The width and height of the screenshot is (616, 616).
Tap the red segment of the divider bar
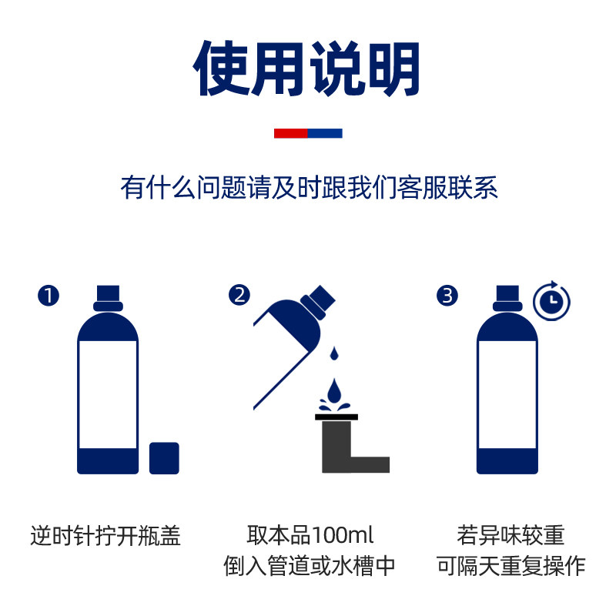tap(291, 133)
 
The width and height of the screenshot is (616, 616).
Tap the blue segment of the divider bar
tap(325, 133)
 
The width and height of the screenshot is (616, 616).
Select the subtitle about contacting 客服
tap(309, 187)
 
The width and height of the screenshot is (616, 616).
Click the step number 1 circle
tap(49, 295)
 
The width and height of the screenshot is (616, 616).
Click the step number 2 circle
tap(240, 295)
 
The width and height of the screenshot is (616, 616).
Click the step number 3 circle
tap(447, 295)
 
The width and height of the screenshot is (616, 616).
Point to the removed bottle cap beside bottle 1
tap(164, 457)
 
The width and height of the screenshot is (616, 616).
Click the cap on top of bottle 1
tap(108, 296)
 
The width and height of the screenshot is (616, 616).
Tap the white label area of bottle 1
tap(108, 393)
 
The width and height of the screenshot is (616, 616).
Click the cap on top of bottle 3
tap(507, 296)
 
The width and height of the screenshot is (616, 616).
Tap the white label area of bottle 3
tap(507, 393)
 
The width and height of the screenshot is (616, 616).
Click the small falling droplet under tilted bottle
tap(334, 353)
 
